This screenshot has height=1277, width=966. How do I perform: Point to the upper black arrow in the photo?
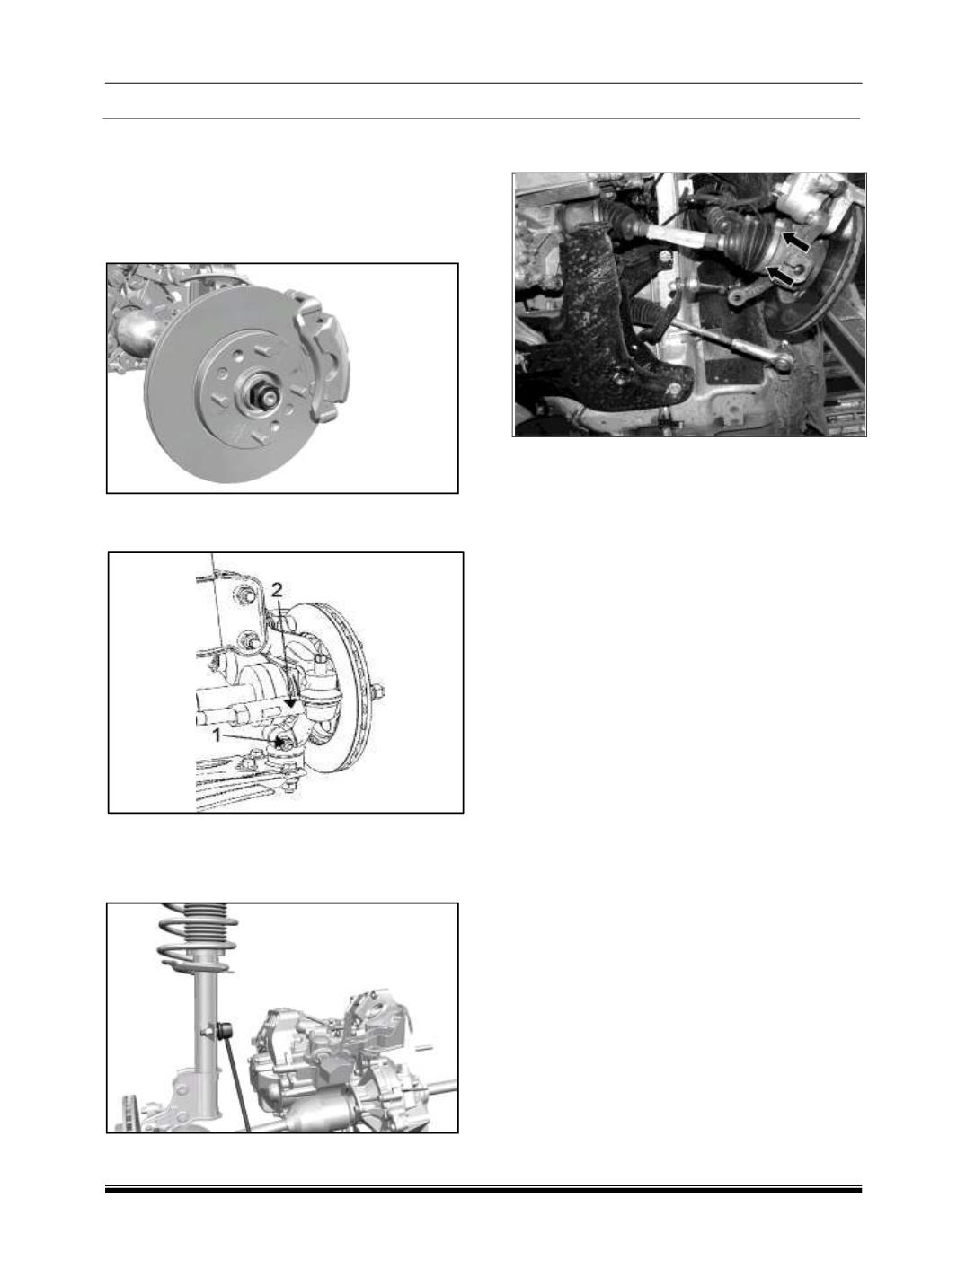795,241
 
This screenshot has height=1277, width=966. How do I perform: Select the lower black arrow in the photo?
779,275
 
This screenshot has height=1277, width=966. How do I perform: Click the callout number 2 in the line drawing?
277,591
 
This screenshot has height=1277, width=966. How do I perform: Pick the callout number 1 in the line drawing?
217,736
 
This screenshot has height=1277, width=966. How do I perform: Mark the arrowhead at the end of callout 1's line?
280,743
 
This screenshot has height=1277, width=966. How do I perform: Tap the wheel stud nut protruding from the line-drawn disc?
377,691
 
